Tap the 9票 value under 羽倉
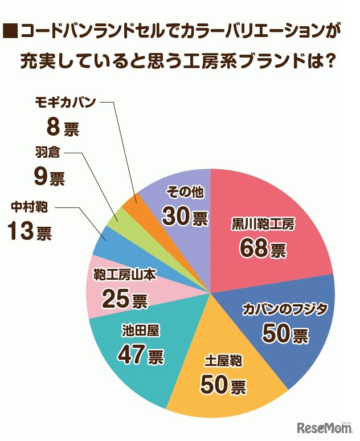(49, 178)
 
